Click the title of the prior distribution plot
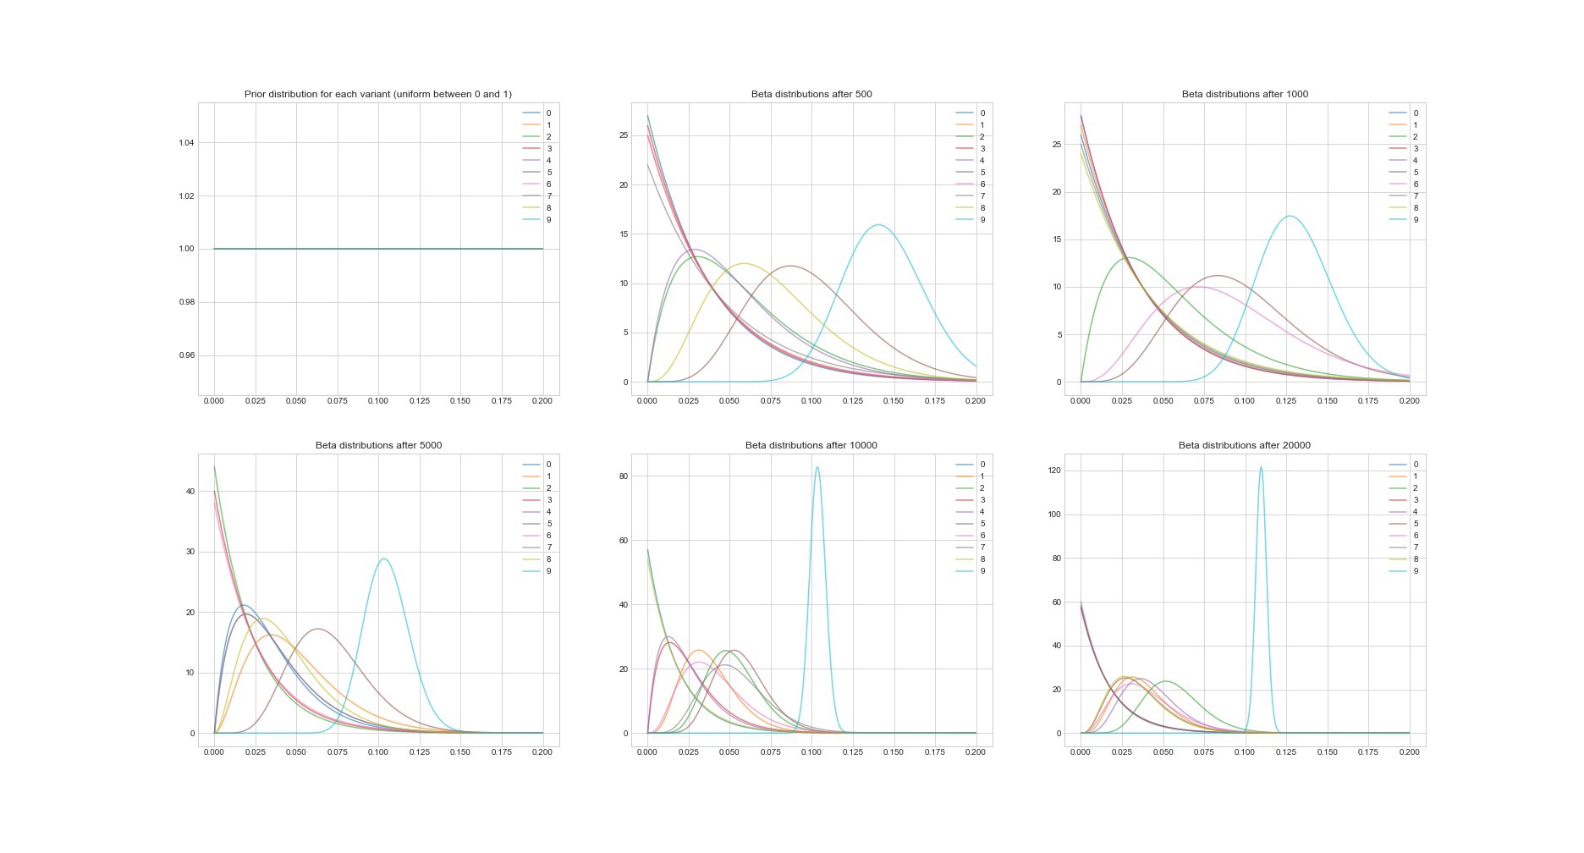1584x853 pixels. pos(377,94)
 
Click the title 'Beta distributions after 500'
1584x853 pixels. pos(811,94)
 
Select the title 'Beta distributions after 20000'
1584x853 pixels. pos(1244,445)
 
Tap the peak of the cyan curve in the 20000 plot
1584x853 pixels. pos(1261,467)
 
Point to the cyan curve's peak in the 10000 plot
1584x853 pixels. pos(817,467)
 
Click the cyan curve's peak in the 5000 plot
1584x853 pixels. pos(384,559)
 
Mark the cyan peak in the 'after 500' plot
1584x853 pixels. pos(879,225)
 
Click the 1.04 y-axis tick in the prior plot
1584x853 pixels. pos(187,142)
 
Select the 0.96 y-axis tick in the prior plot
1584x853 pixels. pos(187,355)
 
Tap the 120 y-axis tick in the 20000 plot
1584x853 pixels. pos(1053,471)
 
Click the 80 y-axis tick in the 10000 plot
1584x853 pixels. pos(623,476)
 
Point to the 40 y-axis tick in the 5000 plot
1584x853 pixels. pos(190,492)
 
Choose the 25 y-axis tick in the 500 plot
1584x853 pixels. pos(624,135)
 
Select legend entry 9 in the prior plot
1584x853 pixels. pos(548,220)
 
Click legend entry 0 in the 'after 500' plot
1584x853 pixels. pos(982,113)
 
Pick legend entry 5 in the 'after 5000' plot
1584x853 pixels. pos(548,524)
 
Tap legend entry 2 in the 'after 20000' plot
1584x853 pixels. pos(1415,488)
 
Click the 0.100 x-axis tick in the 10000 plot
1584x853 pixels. pos(811,751)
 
